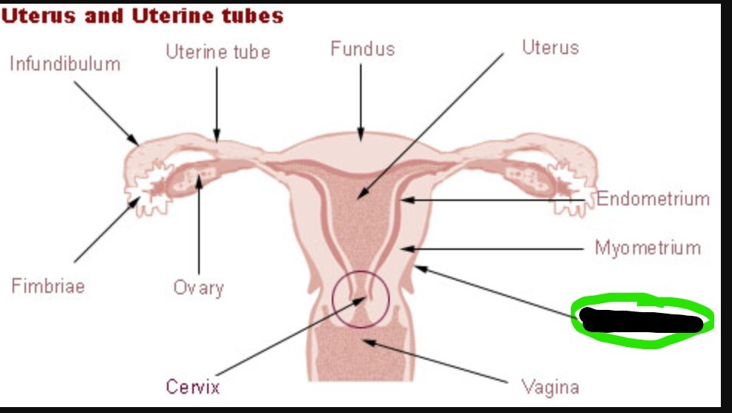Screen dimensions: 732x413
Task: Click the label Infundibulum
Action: [x=65, y=64]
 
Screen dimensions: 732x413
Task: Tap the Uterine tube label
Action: [x=218, y=52]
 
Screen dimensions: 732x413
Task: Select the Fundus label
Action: [x=362, y=50]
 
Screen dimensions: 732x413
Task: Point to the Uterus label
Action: [x=549, y=48]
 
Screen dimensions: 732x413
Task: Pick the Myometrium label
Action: [x=647, y=248]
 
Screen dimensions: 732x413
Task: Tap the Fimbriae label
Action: [x=48, y=285]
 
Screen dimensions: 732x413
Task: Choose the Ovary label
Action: [x=198, y=287]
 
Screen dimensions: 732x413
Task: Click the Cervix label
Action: [x=193, y=386]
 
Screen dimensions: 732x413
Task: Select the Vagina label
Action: [x=550, y=386]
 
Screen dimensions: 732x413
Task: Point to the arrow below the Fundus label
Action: [x=362, y=101]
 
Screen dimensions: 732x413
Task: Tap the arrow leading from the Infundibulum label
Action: [x=106, y=112]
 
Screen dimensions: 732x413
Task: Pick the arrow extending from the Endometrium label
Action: [x=497, y=199]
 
